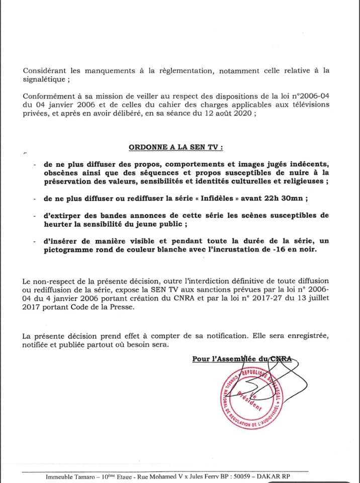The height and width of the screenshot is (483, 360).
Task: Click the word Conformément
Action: click(x=49, y=95)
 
